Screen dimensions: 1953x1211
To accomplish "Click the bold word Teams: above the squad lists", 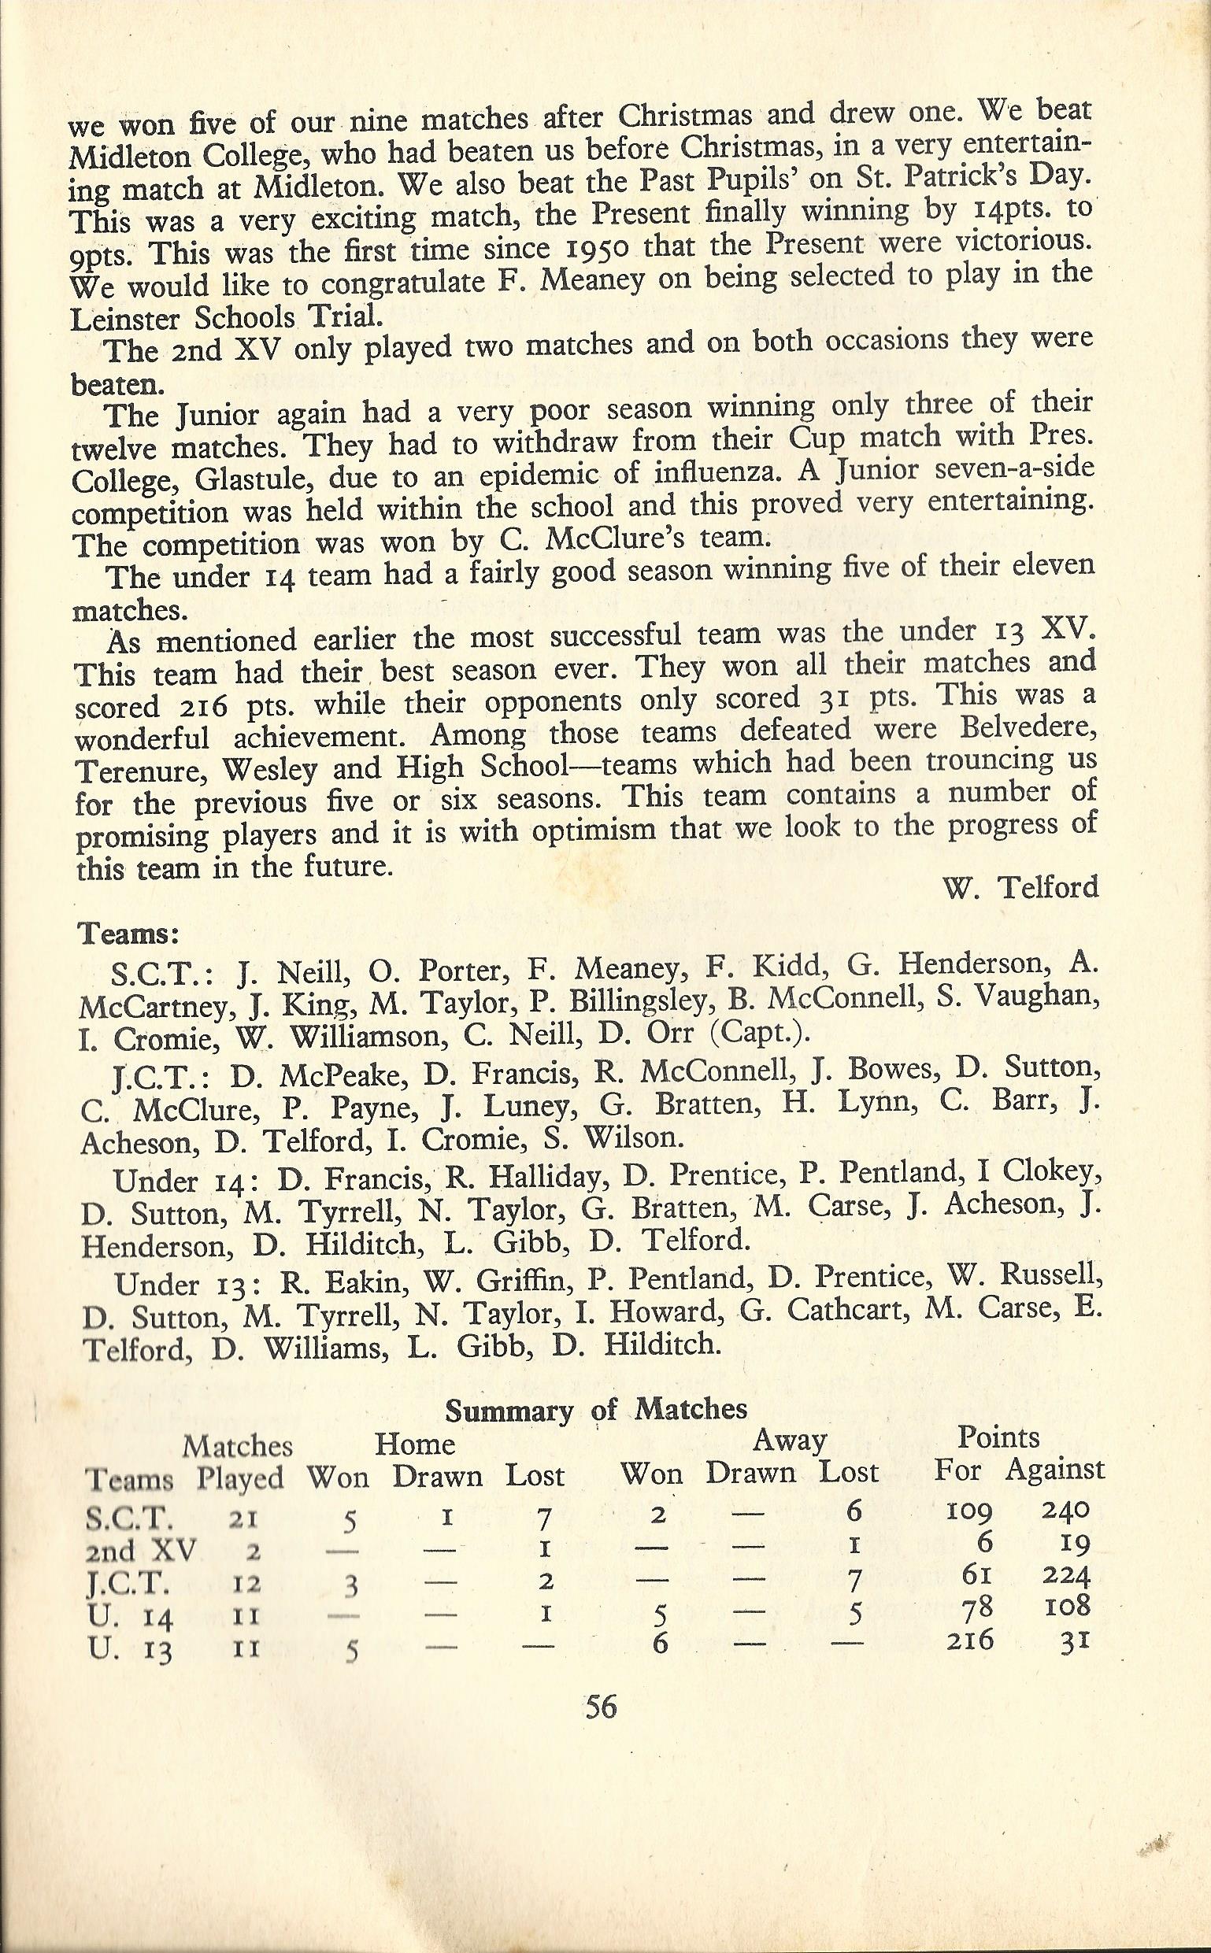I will pyautogui.click(x=128, y=934).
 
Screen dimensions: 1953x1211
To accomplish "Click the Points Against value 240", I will pyautogui.click(x=1065, y=1509).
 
